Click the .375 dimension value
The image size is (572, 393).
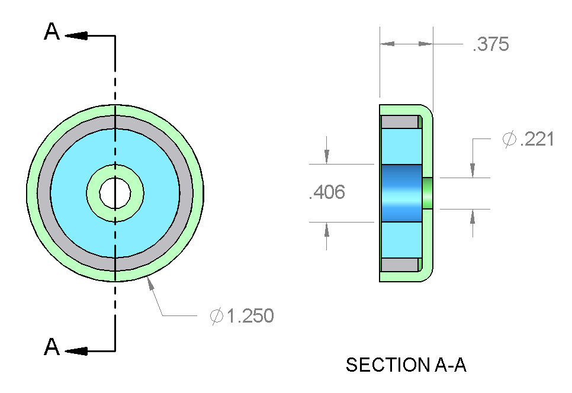(x=490, y=45)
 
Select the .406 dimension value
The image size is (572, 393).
(x=326, y=192)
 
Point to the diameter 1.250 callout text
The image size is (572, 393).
(x=242, y=316)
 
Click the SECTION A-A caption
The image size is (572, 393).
(x=406, y=365)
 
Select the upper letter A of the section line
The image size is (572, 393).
(x=52, y=33)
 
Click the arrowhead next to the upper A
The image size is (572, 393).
(x=77, y=36)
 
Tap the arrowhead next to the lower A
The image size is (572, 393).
(x=77, y=351)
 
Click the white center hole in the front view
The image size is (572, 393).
(x=115, y=192)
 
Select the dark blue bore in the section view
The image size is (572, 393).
(x=400, y=193)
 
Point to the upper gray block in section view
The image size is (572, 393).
(x=399, y=122)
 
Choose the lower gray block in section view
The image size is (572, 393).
(x=399, y=265)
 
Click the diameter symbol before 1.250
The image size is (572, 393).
(x=217, y=316)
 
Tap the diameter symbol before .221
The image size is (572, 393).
(x=509, y=140)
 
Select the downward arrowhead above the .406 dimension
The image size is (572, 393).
(x=326, y=155)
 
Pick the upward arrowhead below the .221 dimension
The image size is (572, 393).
(x=472, y=217)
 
